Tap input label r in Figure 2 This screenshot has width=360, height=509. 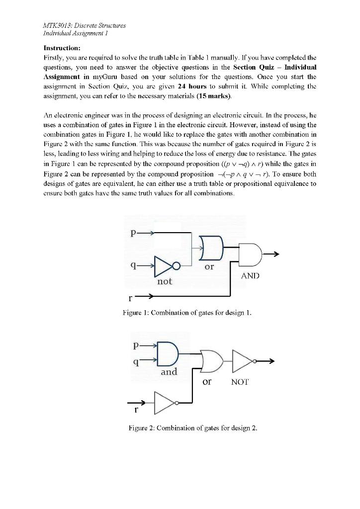pos(135,412)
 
